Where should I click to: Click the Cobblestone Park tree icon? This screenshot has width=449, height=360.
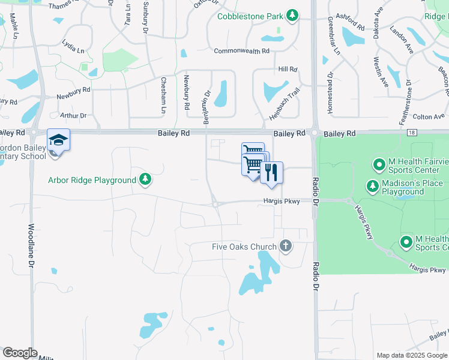coord(292,15)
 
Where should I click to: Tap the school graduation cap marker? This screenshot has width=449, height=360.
coord(58,140)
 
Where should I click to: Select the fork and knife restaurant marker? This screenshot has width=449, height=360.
coord(272,173)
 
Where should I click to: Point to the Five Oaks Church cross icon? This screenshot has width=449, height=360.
coord(286,246)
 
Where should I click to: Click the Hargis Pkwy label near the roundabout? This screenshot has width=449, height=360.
coord(281,202)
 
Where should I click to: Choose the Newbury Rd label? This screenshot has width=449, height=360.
coord(73,93)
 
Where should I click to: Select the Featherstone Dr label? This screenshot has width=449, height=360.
coord(405,103)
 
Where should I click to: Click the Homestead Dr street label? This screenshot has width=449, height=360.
coord(330,95)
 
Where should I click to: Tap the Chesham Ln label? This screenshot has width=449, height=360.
coord(163,95)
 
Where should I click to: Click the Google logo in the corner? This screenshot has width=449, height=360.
coord(20,353)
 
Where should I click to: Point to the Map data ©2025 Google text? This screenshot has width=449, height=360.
coord(412,355)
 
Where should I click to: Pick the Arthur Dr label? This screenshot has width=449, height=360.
coord(73,115)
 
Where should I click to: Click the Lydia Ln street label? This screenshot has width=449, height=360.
coord(74,43)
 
